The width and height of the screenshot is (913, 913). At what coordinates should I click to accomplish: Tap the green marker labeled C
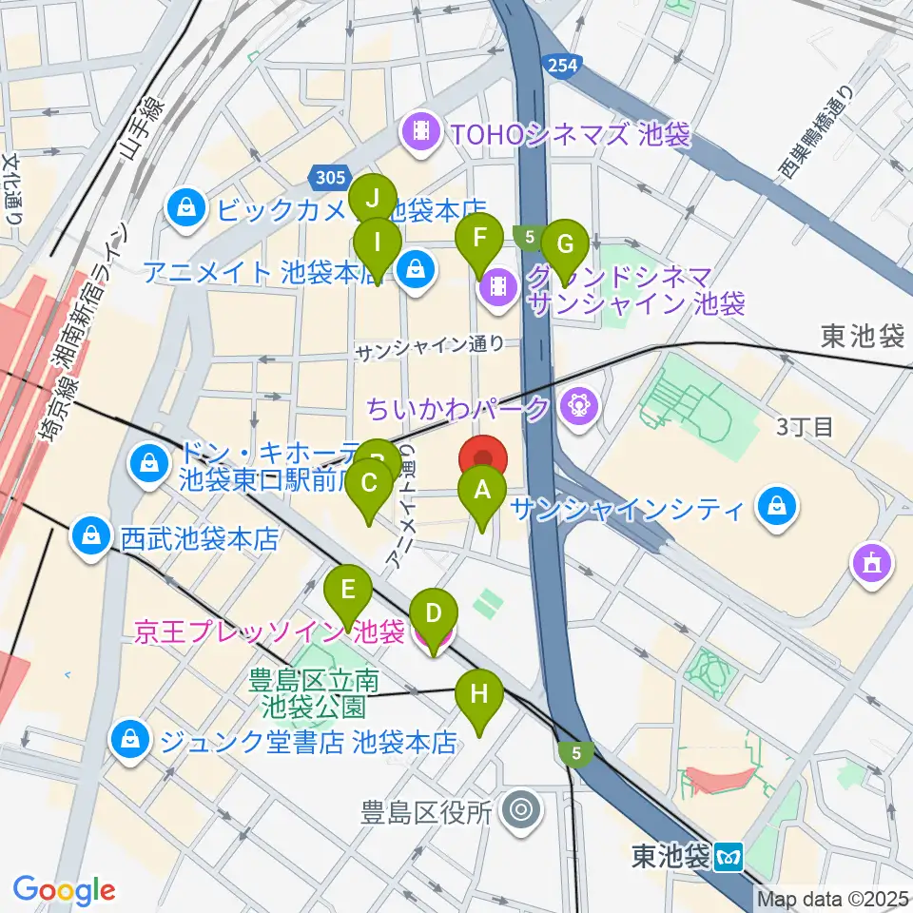pyautogui.click(x=369, y=483)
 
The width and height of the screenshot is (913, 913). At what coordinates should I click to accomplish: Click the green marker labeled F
pyautogui.click(x=480, y=239)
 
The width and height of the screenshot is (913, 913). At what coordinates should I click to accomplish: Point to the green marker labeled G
pyautogui.click(x=566, y=245)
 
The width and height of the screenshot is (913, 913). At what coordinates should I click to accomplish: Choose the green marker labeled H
pyautogui.click(x=479, y=695)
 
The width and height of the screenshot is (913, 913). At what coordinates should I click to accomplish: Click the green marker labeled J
pyautogui.click(x=373, y=201)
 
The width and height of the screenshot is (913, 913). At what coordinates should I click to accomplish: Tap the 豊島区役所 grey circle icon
pyautogui.click(x=520, y=811)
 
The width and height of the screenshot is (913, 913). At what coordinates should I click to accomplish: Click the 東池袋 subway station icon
pyautogui.click(x=729, y=857)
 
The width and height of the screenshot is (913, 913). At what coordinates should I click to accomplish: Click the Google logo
pyautogui.click(x=64, y=890)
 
